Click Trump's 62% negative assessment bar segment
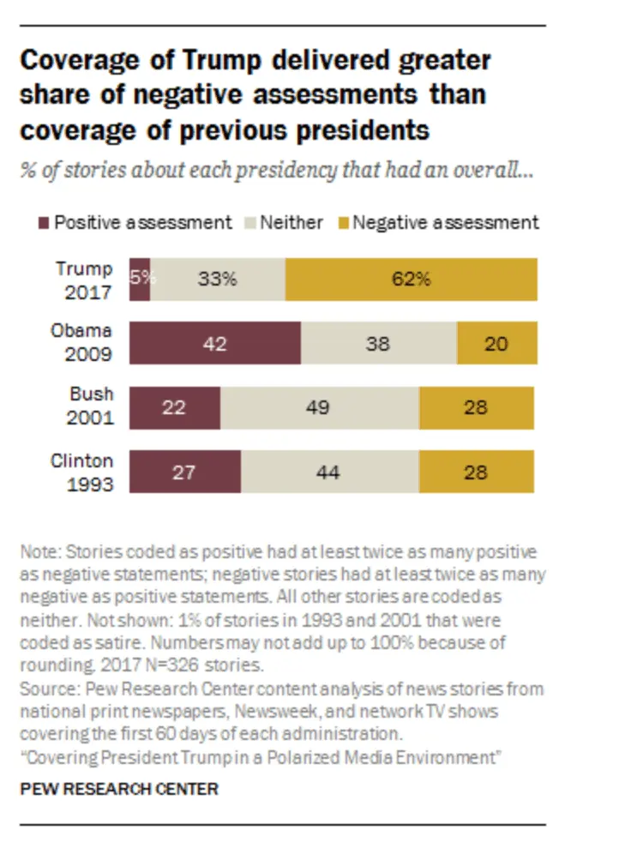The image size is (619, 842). (x=412, y=279)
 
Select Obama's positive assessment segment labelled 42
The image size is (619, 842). (x=215, y=343)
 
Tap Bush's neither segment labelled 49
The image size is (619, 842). (x=320, y=407)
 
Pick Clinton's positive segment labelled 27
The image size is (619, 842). (x=185, y=472)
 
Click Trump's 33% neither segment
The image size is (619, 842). (x=218, y=279)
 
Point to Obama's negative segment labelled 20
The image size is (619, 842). (x=497, y=343)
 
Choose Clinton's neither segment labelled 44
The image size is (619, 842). (x=330, y=472)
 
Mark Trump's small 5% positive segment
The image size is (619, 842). (x=140, y=279)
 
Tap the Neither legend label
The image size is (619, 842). (x=291, y=223)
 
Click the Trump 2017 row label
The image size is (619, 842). (x=85, y=280)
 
